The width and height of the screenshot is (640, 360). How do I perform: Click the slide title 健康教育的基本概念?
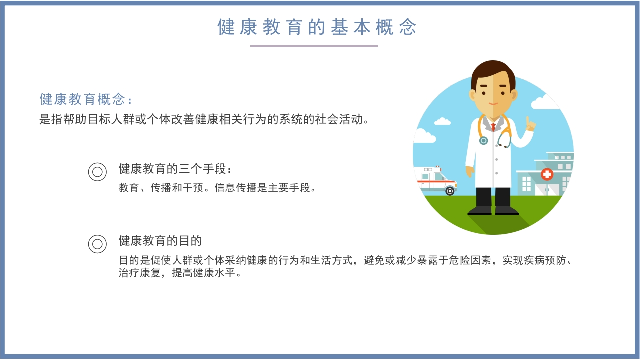click(317, 27)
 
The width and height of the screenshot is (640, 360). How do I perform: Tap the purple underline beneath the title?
click(314, 46)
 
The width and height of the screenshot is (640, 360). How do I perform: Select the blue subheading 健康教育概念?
click(86, 99)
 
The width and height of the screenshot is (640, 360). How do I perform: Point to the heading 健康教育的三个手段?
click(175, 169)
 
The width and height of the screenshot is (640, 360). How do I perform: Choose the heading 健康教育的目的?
click(160, 241)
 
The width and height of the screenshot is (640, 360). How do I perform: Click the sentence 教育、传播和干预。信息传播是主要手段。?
click(217, 188)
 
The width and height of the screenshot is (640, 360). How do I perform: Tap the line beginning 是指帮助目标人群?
click(204, 119)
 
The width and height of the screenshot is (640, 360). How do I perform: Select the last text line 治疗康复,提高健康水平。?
click(180, 273)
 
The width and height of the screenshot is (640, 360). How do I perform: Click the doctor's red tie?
click(493, 127)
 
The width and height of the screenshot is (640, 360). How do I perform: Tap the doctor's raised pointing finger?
click(528, 121)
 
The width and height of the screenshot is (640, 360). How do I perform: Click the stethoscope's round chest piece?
click(483, 141)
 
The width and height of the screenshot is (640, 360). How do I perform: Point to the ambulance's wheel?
click(450, 191)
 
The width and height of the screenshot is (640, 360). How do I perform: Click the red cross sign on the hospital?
click(547, 174)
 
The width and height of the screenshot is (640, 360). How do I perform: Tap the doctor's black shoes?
click(493, 210)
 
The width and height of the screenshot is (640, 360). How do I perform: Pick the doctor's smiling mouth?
click(493, 104)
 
